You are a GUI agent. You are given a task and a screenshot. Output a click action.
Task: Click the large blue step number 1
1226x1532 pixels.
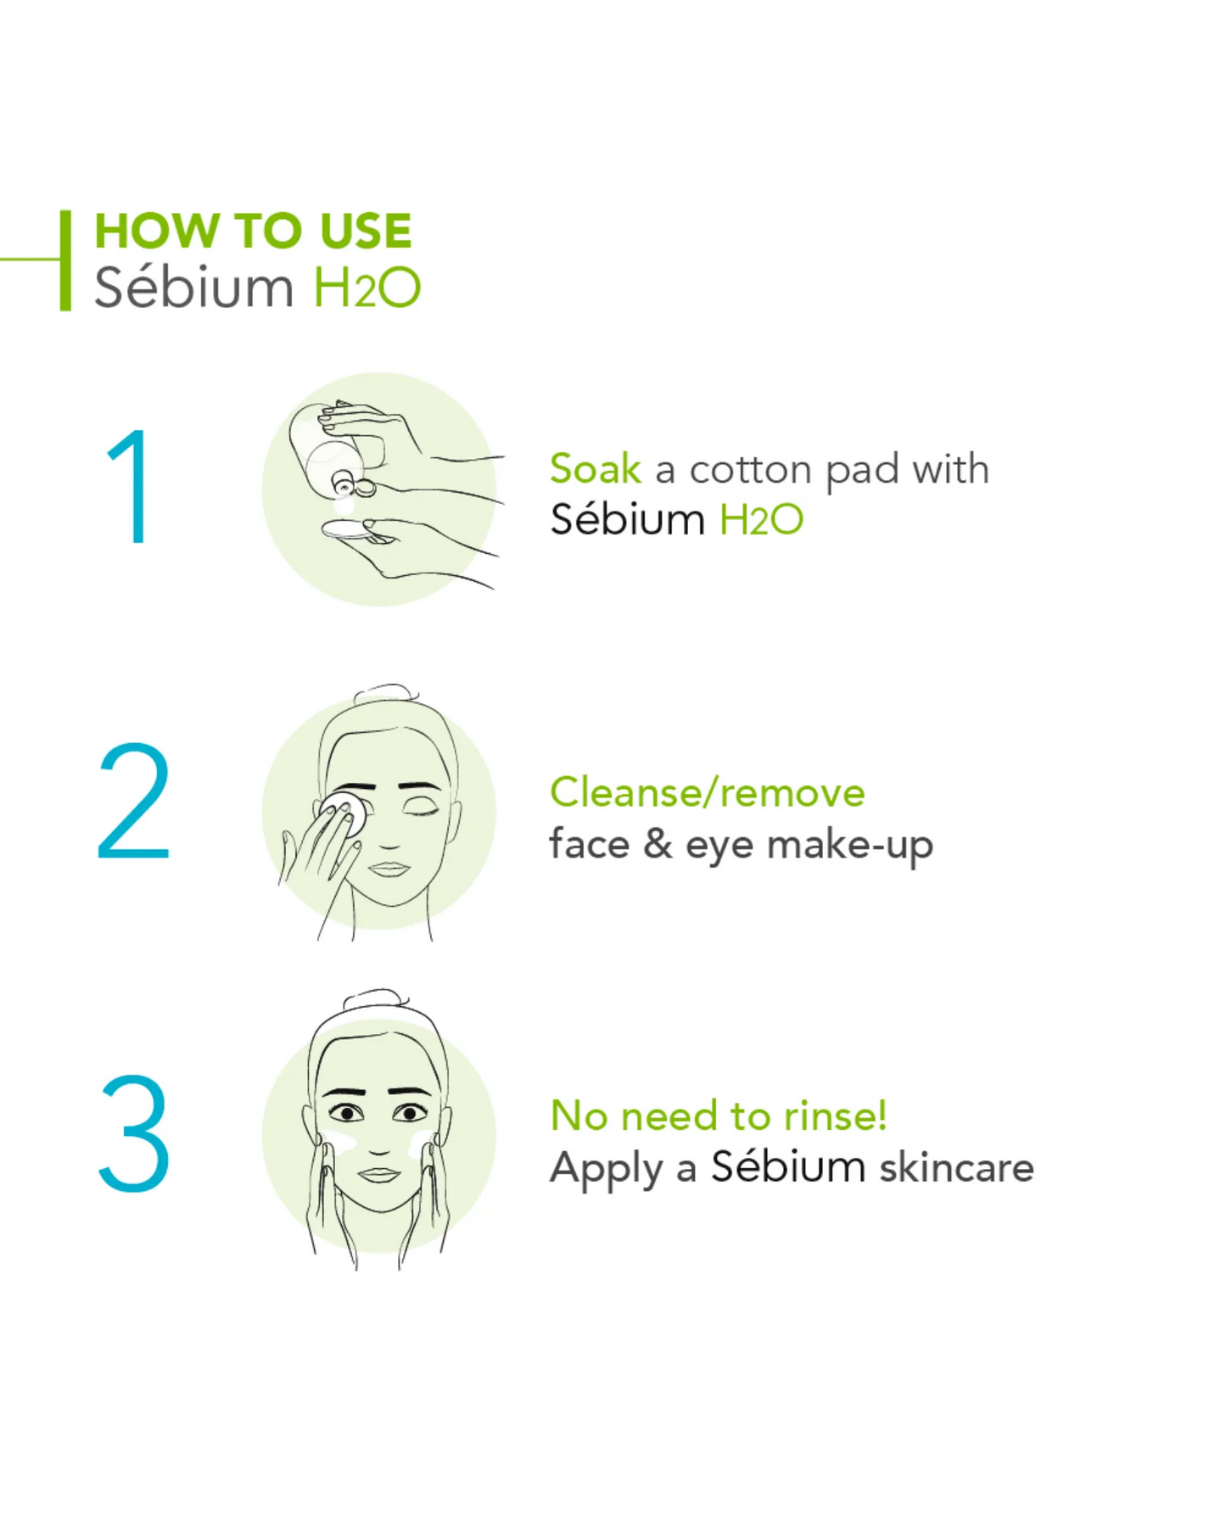pos(130,486)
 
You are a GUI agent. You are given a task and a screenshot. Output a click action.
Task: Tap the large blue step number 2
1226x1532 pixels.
pos(134,802)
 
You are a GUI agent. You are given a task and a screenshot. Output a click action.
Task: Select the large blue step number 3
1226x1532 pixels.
pos(134,1133)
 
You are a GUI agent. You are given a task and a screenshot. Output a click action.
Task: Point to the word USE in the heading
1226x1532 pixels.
pos(366,231)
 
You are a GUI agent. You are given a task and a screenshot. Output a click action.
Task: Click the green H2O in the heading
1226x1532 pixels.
pos(367,288)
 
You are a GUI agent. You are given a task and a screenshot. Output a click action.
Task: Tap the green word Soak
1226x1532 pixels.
pos(595,469)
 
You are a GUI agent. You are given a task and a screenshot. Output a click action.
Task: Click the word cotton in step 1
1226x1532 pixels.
pos(751,470)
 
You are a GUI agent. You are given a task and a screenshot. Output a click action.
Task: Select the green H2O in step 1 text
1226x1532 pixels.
pos(761,520)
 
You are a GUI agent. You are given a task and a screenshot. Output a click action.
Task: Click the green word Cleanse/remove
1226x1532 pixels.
pos(708,793)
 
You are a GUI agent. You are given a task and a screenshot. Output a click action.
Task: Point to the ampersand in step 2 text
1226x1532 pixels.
pos(658,844)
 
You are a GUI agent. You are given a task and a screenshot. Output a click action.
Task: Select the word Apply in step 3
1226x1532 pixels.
pos(606,1169)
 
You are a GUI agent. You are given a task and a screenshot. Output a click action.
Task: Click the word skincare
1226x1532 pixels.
pos(956,1167)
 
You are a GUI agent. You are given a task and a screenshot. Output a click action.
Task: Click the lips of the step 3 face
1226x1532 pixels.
pos(378,1175)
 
